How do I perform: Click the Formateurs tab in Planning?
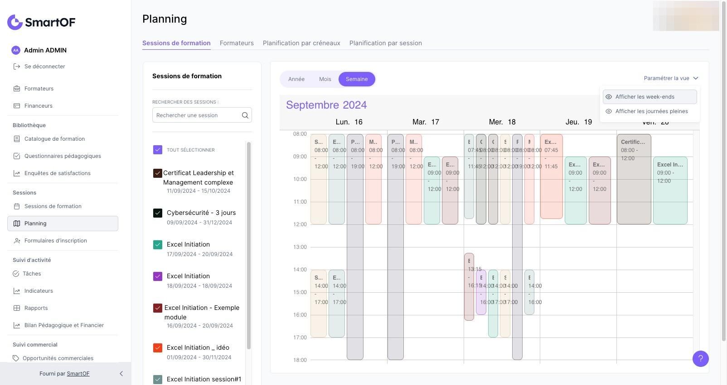click(237, 43)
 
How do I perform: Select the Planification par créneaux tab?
click(301, 43)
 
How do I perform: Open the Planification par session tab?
click(385, 43)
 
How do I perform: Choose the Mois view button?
click(325, 79)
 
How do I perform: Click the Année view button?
click(296, 79)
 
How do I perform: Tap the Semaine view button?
click(357, 79)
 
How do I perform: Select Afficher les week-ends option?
click(645, 97)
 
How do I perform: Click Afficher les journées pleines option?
click(651, 111)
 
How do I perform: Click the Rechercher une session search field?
click(197, 115)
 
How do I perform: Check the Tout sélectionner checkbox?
click(158, 150)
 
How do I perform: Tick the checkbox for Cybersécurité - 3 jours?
click(158, 213)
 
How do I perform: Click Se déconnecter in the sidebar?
click(44, 67)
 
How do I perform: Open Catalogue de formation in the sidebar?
click(54, 139)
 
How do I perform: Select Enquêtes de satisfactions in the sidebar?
click(57, 173)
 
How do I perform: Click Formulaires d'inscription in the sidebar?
click(55, 241)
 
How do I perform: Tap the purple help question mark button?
click(700, 359)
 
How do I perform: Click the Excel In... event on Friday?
click(670, 190)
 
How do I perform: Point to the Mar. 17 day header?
click(426, 122)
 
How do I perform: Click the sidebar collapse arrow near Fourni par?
click(121, 374)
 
